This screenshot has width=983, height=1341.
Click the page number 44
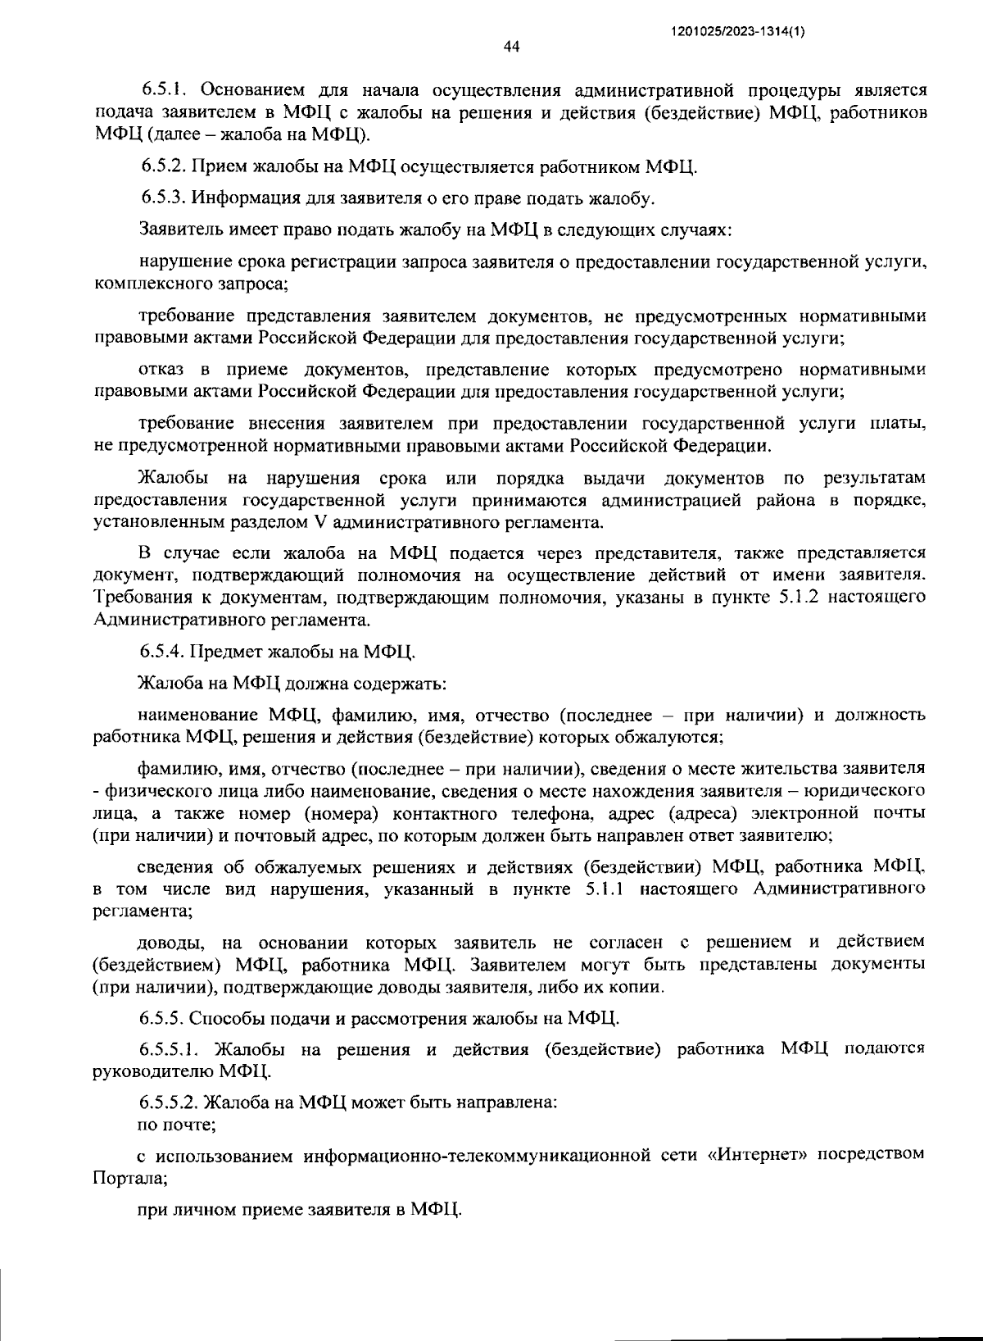(x=511, y=47)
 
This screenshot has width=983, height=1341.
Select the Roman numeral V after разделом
(x=319, y=522)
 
